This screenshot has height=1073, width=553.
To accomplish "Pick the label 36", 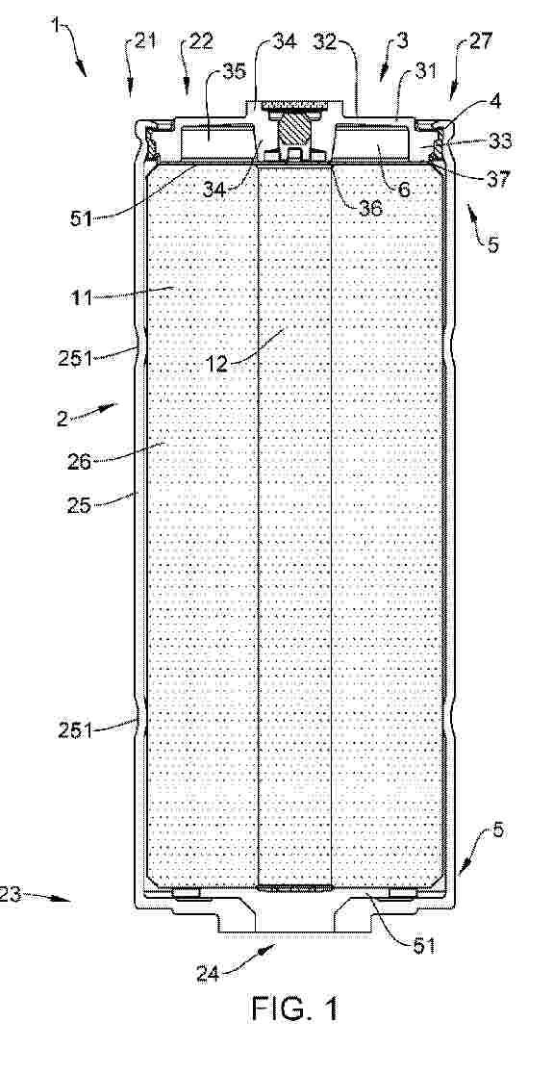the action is pos(372,208).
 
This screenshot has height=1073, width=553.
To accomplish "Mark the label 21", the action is pos(143,41).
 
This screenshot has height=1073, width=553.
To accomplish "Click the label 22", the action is pos(199,41).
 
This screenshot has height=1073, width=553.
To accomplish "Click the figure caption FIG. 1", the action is pos(294,1009).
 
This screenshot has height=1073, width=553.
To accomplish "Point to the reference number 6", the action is pos(405,190).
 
